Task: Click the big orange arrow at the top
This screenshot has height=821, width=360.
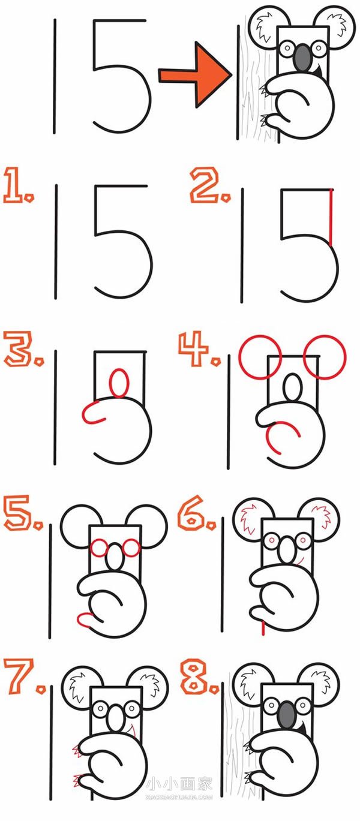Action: pyautogui.click(x=196, y=75)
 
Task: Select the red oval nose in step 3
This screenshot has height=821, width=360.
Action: pyautogui.click(x=120, y=383)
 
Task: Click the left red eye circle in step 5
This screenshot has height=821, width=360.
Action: pyautogui.click(x=99, y=548)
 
